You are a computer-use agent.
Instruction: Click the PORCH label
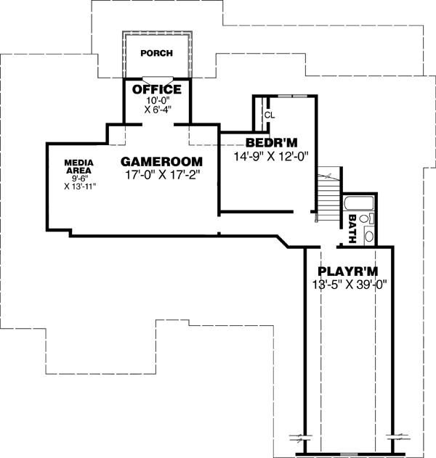(x=157, y=53)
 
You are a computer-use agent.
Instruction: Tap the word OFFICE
(x=156, y=90)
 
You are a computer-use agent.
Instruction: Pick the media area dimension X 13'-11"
(x=80, y=187)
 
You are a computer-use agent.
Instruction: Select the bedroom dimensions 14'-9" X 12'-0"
(x=272, y=155)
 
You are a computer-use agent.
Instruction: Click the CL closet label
(x=269, y=115)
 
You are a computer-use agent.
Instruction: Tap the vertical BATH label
(x=352, y=227)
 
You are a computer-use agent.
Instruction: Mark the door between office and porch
(x=157, y=78)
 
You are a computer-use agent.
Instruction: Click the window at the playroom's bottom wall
(x=349, y=454)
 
